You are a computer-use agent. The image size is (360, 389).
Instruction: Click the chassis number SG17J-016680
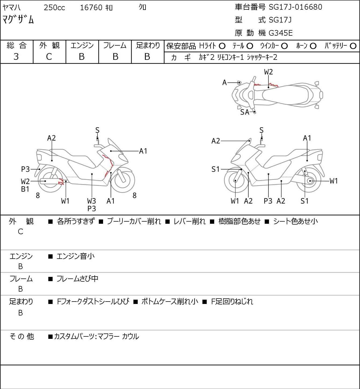295,7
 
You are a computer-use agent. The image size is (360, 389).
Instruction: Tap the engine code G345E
281,33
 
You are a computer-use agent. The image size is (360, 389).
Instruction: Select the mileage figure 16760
91,8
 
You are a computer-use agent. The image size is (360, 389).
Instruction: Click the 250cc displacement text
54,8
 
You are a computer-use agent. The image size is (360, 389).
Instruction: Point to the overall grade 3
16,57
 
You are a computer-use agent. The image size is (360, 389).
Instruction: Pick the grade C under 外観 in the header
49,57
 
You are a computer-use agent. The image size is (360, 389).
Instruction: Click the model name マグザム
18,20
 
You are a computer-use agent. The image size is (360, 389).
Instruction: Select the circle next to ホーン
313,46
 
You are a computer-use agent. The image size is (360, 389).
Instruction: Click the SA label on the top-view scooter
245,112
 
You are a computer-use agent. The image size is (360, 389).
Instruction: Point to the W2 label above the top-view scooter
268,72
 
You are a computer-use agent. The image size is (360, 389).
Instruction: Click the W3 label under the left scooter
91,201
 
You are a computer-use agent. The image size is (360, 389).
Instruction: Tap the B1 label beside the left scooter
25,189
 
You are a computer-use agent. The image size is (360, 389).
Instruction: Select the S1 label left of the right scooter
215,169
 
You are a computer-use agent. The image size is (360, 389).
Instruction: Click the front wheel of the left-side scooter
124,180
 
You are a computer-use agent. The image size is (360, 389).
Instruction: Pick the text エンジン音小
75,256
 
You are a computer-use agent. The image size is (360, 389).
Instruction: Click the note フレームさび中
77,279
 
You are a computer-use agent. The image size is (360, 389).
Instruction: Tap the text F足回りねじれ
232,302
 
